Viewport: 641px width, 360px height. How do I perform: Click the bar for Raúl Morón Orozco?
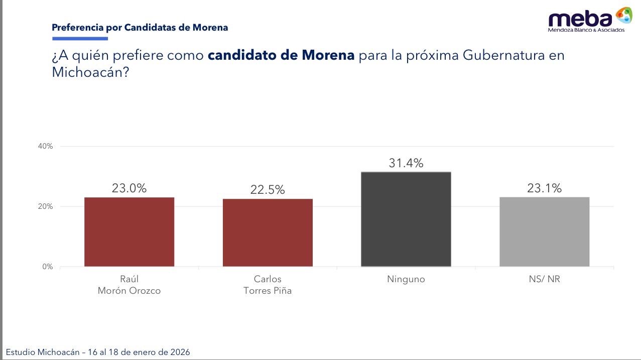pos(129,231)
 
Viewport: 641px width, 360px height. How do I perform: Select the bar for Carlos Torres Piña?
pos(268,232)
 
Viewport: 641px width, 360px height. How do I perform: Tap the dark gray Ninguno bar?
pos(406,219)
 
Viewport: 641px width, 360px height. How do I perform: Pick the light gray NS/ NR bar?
pos(544,231)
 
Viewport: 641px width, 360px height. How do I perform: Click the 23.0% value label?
pos(129,188)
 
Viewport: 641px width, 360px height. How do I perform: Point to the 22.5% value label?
pos(268,190)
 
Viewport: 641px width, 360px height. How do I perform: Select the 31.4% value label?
pos(406,163)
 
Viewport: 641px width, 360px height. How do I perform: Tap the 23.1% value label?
pos(544,188)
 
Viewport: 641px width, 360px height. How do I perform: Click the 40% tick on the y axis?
pos(45,146)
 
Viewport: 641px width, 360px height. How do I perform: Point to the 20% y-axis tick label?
pos(45,206)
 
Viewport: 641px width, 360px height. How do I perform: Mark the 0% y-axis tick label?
pos(47,267)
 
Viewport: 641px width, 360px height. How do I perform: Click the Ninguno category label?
pos(406,279)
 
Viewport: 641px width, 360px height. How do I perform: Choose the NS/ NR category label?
pos(544,279)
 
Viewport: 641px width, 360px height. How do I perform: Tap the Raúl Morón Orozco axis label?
pos(129,285)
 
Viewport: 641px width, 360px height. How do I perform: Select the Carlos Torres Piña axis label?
pos(268,285)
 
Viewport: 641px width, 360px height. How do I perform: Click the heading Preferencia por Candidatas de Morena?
pos(140,28)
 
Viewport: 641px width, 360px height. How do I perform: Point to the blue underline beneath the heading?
pos(80,39)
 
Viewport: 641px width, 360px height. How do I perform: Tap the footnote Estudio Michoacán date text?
pos(98,352)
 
